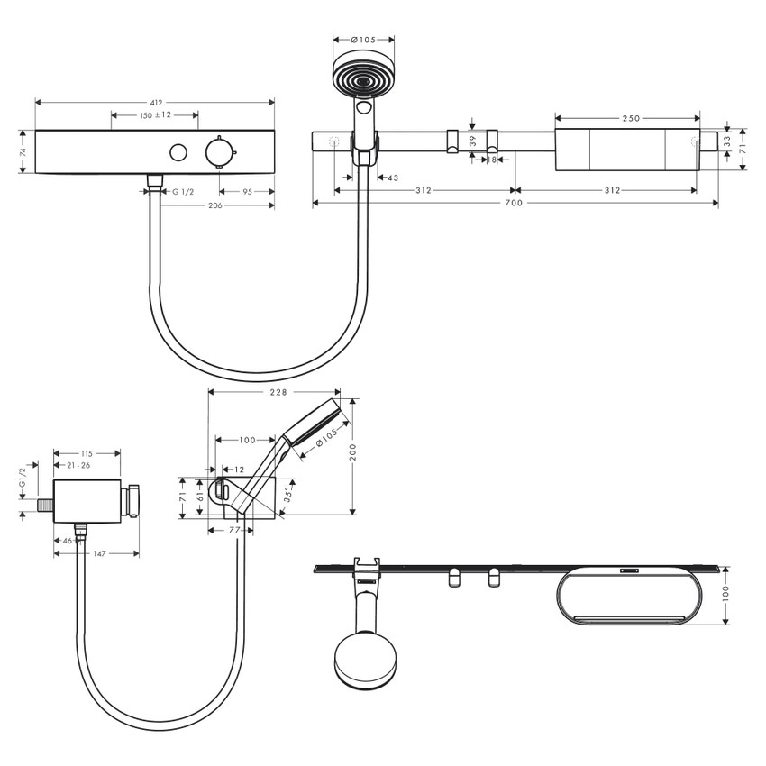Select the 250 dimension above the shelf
(x=630, y=118)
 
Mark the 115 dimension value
(x=87, y=453)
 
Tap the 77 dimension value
(x=234, y=531)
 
